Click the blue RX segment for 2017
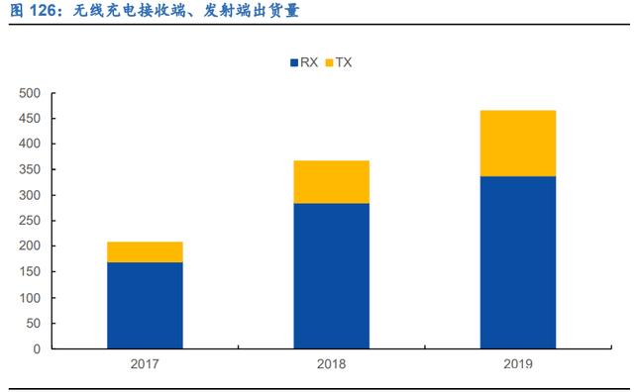coord(145,306)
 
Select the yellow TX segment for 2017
coord(145,252)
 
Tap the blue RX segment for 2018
coord(331,276)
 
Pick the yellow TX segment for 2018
coord(331,182)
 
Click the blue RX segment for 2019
coord(518,262)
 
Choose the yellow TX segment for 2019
coord(518,144)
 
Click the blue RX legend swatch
coord(294,62)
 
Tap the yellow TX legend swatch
coord(329,62)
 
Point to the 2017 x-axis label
coord(145,364)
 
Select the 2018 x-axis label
coord(331,364)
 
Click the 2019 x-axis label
coord(518,364)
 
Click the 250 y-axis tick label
coord(30,221)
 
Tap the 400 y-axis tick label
coord(30,144)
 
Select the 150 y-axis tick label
coord(30,271)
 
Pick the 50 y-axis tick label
coord(33,324)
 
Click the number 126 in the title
coord(43,11)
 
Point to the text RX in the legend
coord(309,62)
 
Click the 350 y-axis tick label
coord(30,169)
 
